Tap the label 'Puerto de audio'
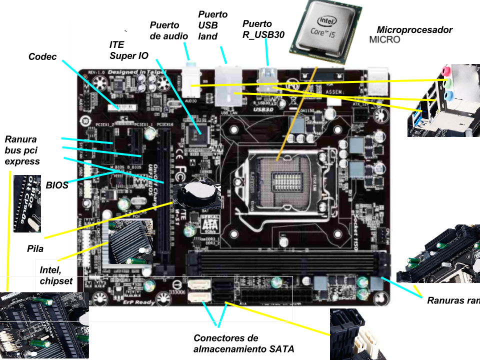click(x=169, y=30)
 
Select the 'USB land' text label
click(x=208, y=31)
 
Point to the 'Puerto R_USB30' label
click(x=263, y=29)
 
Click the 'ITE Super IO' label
click(x=129, y=50)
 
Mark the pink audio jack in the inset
click(x=447, y=70)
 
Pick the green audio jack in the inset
click(x=448, y=82)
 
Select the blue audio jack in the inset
click(x=449, y=94)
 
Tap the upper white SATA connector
click(x=199, y=286)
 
